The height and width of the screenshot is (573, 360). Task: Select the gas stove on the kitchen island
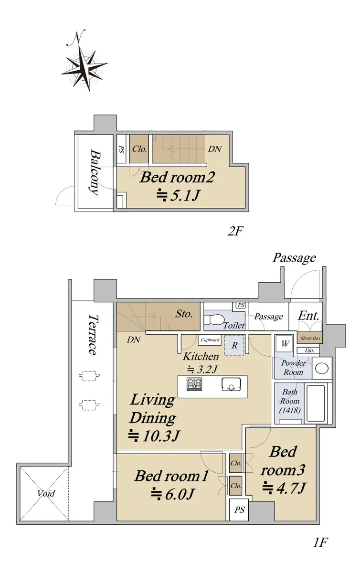click(194, 384)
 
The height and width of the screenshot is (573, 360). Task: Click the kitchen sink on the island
click(231, 384)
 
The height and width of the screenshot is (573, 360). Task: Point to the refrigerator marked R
click(234, 345)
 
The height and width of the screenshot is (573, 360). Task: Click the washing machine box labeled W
click(285, 343)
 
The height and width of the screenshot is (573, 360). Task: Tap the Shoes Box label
click(310, 338)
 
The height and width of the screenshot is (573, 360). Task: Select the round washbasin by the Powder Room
click(322, 369)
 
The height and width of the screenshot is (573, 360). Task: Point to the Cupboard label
click(210, 340)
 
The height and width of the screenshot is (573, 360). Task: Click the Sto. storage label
click(183, 314)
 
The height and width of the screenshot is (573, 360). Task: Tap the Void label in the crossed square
click(45, 493)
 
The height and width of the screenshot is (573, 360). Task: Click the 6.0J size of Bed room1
click(172, 494)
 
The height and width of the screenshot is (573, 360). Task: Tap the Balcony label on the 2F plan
click(95, 173)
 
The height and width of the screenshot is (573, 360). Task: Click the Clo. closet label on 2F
click(139, 149)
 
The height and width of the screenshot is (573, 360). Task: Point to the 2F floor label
click(234, 232)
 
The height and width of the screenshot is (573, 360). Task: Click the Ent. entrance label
click(308, 316)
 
